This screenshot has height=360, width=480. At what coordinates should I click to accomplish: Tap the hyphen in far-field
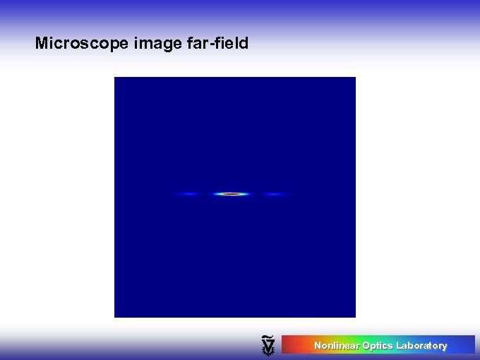[206, 44]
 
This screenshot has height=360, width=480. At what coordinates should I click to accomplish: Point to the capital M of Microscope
[41, 44]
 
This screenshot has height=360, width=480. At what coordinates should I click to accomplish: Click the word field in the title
[229, 44]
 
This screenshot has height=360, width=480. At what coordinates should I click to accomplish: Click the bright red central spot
[232, 193]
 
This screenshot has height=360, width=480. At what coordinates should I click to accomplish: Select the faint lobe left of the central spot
[188, 193]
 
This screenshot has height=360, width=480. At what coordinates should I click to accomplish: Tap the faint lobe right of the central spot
[274, 193]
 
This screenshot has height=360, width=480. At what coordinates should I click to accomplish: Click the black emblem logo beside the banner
[268, 344]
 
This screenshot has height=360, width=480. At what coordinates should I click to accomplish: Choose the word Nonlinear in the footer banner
[337, 346]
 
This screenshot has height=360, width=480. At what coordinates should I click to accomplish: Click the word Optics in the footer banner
[378, 346]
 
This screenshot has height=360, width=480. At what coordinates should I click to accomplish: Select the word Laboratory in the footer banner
[421, 346]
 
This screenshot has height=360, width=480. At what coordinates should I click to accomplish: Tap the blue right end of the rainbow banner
[470, 344]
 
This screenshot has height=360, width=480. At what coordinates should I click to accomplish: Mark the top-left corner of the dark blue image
[115, 78]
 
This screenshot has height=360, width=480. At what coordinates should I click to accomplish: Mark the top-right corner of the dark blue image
[354, 78]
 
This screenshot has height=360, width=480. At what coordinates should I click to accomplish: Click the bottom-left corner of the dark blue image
[115, 316]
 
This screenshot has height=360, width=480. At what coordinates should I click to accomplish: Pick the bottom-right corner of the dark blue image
[354, 316]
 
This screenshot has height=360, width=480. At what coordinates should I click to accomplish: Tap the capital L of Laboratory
[399, 346]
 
